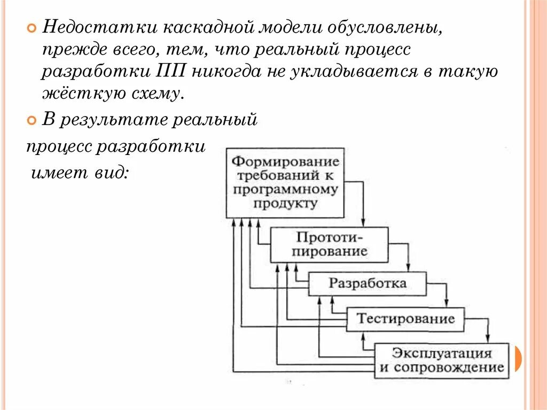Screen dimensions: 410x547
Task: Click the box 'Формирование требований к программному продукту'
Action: (x=285, y=183)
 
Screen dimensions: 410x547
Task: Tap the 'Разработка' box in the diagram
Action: (x=368, y=283)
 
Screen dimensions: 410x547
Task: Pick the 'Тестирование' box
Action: (x=405, y=319)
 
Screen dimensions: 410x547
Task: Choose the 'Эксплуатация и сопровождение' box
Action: (x=441, y=360)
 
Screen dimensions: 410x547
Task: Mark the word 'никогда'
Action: (x=230, y=72)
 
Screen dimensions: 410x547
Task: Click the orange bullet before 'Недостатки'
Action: (x=32, y=27)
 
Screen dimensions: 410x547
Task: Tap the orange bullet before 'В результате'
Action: (x=32, y=120)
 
